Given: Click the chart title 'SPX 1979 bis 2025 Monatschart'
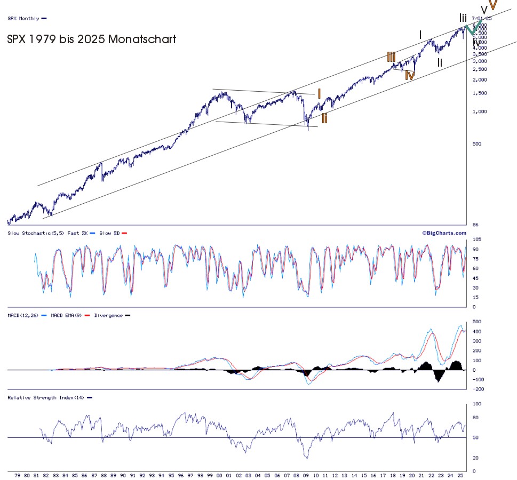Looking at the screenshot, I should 91,39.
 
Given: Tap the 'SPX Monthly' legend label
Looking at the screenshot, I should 23,18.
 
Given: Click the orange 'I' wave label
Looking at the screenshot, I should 319,94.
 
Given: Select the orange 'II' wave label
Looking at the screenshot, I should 324,118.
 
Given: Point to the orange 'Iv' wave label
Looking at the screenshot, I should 409,75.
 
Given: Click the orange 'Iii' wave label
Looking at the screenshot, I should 391,57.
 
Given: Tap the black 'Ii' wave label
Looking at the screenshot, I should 440,62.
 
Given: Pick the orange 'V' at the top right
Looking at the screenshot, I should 494,5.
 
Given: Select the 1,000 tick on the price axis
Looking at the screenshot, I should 478,112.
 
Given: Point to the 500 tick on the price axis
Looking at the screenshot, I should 476,144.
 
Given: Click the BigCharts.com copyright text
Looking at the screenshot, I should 444,233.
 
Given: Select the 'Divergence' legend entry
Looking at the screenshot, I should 108,315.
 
